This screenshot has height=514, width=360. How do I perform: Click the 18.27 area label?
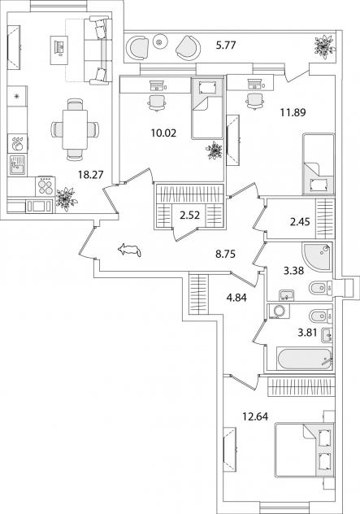click(x=91, y=174)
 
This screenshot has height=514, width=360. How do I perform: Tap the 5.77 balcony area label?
click(x=226, y=45)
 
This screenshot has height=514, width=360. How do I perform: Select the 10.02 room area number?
click(x=163, y=133)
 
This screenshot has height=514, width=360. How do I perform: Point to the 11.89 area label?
click(x=293, y=113)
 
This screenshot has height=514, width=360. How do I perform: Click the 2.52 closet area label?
click(x=189, y=216)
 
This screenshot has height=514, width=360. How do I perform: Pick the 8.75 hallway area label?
click(x=225, y=254)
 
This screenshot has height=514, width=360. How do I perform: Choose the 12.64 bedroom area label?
click(x=255, y=416)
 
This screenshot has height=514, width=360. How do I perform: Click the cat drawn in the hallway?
click(x=129, y=250)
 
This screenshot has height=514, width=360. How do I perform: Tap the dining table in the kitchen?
click(x=75, y=129)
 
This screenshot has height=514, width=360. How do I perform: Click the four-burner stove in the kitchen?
click(x=46, y=186)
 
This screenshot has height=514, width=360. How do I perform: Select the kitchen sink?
click(x=17, y=165)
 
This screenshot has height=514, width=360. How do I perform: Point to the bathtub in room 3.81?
click(x=304, y=359)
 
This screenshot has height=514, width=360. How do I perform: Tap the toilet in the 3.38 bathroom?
click(x=320, y=288)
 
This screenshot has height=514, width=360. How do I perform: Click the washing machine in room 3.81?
click(x=278, y=311)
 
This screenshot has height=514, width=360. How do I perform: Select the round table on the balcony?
click(x=159, y=41)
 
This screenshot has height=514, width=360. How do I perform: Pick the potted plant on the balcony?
click(x=324, y=46)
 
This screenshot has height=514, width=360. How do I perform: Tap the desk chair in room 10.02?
click(x=157, y=103)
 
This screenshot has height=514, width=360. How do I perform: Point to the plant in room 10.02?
click(x=215, y=150)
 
